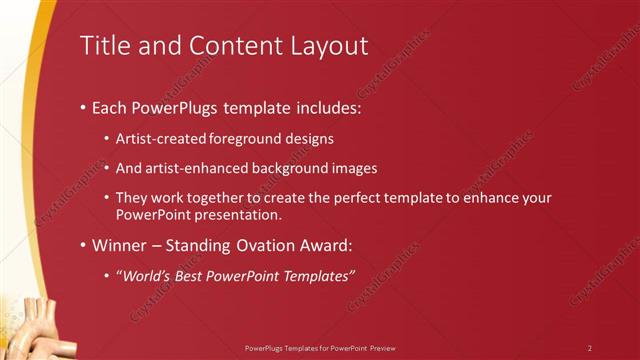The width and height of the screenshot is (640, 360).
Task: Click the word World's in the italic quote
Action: [146, 276]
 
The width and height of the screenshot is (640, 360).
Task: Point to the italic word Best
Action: [191, 276]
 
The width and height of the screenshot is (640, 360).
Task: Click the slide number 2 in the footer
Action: [590, 348]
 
